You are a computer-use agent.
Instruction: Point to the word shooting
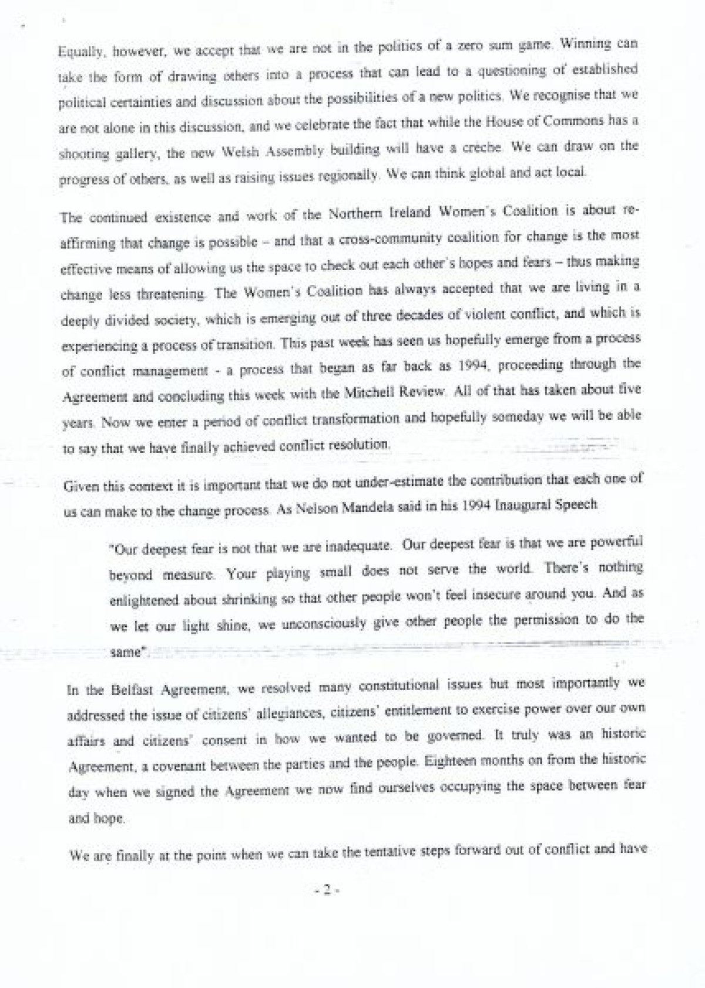(81, 154)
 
